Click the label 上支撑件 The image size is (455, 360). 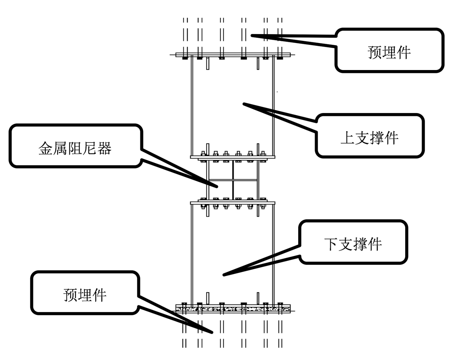pyautogui.click(x=369, y=138)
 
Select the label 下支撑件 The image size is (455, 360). pyautogui.click(x=353, y=244)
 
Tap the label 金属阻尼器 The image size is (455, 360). pyautogui.click(x=75, y=148)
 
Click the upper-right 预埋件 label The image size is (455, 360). pyautogui.click(x=389, y=52)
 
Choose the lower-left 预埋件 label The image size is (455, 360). pyautogui.click(x=85, y=295)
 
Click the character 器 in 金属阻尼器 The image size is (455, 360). pyautogui.click(x=105, y=148)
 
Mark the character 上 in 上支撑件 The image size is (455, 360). pyautogui.click(x=347, y=138)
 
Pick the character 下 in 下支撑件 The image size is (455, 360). pyautogui.click(x=331, y=244)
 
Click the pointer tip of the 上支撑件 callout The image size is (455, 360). pyautogui.click(x=243, y=104)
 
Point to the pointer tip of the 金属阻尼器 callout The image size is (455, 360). pyautogui.click(x=217, y=187)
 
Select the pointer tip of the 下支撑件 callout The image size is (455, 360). pyautogui.click(x=223, y=275)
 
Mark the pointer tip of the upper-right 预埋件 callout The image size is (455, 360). pyautogui.click(x=251, y=35)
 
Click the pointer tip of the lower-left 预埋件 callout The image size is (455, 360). pyautogui.click(x=213, y=333)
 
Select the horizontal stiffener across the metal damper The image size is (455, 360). pyautogui.click(x=233, y=180)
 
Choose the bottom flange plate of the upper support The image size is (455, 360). pyautogui.click(x=233, y=157)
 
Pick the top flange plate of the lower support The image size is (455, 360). pyautogui.click(x=233, y=203)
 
